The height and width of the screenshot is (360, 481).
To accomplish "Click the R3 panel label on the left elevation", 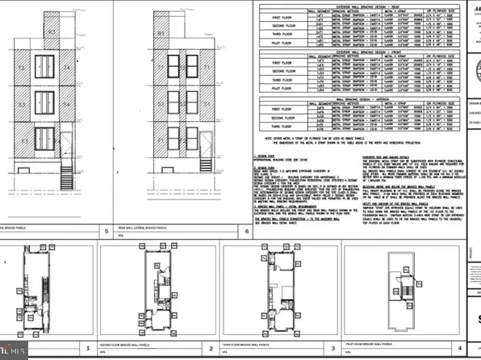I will (52, 33).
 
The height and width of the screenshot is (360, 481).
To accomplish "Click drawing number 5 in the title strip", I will (106, 231).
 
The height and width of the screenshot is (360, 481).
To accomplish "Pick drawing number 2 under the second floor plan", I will (210, 350).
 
